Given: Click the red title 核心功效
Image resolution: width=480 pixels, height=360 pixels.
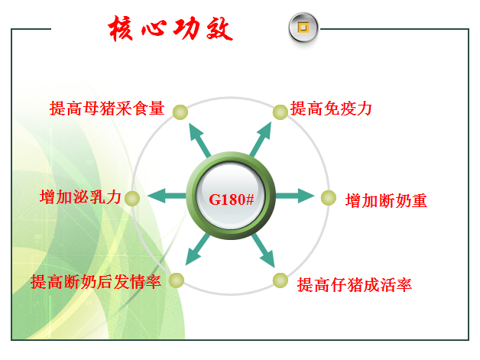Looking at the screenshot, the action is [x=170, y=28].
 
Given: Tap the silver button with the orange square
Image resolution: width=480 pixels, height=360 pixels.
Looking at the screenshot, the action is [x=303, y=28].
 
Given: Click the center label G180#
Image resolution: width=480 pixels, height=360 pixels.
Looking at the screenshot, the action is [x=231, y=199].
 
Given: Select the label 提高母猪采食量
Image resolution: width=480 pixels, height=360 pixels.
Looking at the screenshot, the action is [x=107, y=109].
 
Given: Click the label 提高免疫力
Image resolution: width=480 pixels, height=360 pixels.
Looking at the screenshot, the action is [x=331, y=109].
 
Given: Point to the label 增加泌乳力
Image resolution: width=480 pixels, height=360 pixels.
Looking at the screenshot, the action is [x=80, y=197].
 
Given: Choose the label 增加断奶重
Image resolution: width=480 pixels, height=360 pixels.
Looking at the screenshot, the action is [x=386, y=201].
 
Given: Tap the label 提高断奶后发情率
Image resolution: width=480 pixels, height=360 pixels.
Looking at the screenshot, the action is [x=96, y=281].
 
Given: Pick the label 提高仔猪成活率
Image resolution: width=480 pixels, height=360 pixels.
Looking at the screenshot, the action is [x=355, y=285].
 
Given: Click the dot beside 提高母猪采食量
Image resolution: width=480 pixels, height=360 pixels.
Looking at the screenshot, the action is [x=180, y=112].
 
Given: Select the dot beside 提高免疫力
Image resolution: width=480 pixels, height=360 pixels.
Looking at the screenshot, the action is [x=280, y=112].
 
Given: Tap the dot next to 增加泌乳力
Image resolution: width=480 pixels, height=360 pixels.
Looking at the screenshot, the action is [x=132, y=199].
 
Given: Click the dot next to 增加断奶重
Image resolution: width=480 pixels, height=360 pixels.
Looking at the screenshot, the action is [x=329, y=198].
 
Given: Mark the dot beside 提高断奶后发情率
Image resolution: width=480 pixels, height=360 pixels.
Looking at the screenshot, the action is [x=177, y=280].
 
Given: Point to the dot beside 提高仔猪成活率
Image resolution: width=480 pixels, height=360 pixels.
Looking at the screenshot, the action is [x=280, y=281].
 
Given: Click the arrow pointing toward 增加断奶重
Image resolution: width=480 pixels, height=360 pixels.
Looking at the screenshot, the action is [x=295, y=196].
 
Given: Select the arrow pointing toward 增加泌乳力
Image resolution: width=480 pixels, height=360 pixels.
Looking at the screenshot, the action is [x=167, y=196].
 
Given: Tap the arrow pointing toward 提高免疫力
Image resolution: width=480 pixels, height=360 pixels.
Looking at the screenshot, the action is [x=261, y=139].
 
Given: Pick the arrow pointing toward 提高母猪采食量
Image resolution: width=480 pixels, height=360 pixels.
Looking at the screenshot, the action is [x=200, y=140].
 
